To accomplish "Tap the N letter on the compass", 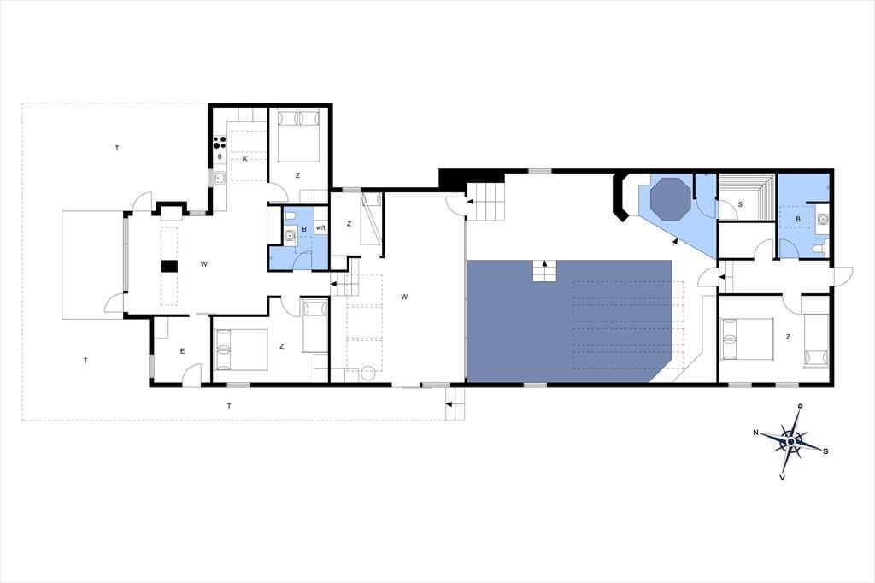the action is (x=755, y=433).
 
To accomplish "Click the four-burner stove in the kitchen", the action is (x=220, y=143).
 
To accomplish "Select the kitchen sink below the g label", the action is (x=220, y=178).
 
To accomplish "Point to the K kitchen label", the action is (x=244, y=159).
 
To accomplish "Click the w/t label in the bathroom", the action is (x=320, y=228).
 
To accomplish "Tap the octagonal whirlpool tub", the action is (x=670, y=197).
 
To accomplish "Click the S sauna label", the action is (x=741, y=204).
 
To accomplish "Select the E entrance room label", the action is (x=182, y=351).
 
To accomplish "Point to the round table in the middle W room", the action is (x=367, y=374).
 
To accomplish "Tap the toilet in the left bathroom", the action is (x=290, y=215).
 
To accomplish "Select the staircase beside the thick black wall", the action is (x=485, y=202).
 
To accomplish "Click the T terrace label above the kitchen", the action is (x=116, y=148).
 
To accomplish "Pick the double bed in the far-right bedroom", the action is (x=747, y=339).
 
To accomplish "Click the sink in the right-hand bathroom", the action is (x=820, y=220).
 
